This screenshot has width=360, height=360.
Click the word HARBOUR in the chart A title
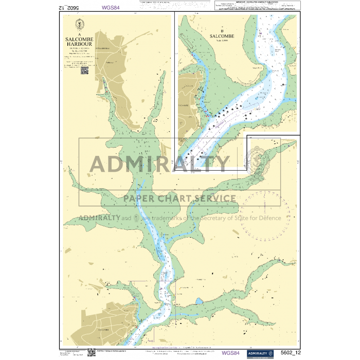click(79, 44)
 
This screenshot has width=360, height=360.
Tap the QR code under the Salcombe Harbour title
click(85, 70)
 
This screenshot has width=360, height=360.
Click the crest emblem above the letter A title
click(79, 24)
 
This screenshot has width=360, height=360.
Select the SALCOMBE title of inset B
click(222, 37)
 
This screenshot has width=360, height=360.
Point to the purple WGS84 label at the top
click(112, 8)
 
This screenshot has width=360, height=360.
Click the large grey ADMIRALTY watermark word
click(159, 164)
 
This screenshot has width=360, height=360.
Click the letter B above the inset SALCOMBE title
click(222, 30)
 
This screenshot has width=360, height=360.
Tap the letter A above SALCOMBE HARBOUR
click(79, 33)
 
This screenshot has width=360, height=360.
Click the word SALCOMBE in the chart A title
click(79, 39)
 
